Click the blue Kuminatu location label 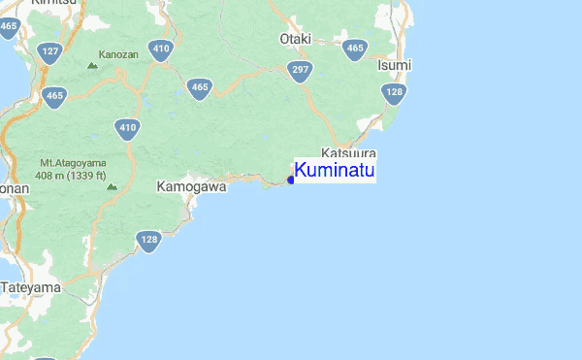(x=335, y=171)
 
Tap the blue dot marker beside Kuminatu (x=291, y=179)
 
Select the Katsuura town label (x=348, y=154)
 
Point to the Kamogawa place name (x=191, y=185)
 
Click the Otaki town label (x=295, y=39)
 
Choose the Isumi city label (x=394, y=64)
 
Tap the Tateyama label (x=31, y=287)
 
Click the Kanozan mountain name (x=118, y=55)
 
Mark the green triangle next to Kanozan (x=92, y=65)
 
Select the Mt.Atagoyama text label (x=73, y=162)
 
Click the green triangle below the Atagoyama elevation (x=112, y=185)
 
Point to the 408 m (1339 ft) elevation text (x=73, y=176)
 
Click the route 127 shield (x=50, y=51)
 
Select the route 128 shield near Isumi (x=393, y=93)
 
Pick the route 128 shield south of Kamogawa (x=148, y=240)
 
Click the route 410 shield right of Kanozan (x=161, y=49)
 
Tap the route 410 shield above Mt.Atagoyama (x=128, y=127)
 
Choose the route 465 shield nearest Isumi (x=355, y=49)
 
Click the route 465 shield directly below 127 (x=54, y=95)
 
